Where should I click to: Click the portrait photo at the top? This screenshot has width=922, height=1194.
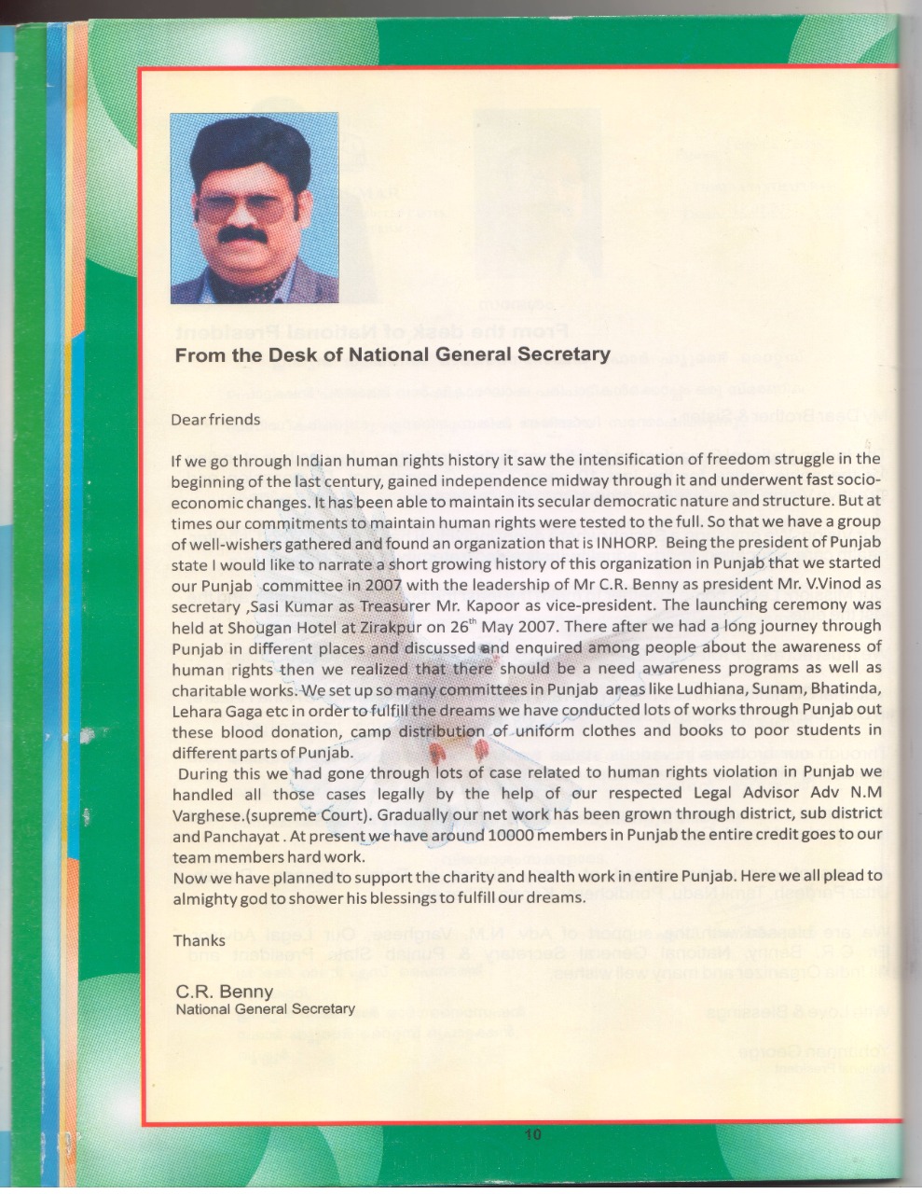[254, 208]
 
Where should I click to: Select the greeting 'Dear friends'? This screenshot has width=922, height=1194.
[215, 420]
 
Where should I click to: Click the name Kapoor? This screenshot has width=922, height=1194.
[502, 604]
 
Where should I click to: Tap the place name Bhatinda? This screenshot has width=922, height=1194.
[843, 689]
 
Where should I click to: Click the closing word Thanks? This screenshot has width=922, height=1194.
[199, 940]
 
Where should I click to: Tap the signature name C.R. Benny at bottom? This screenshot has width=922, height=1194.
[225, 991]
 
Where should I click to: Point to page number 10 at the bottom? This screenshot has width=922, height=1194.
[532, 1135]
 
